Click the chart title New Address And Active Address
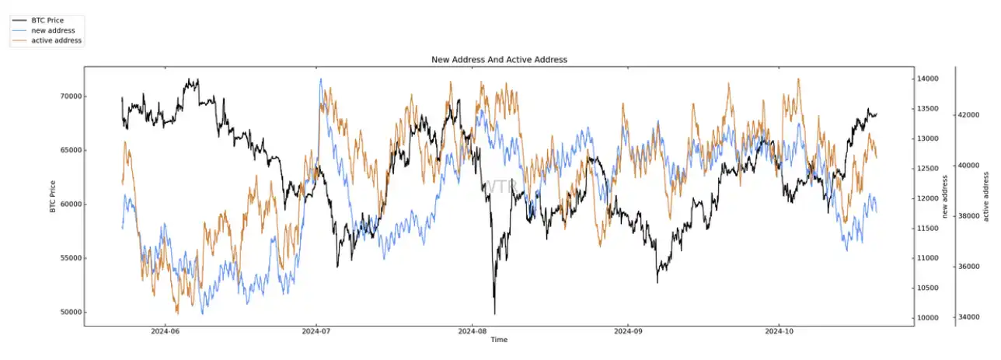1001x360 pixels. [499, 60]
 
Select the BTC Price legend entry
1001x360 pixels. [49, 20]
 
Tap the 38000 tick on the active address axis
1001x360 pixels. [971, 216]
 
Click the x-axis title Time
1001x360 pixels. [499, 340]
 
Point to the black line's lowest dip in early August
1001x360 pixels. [494, 313]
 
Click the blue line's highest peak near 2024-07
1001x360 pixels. [320, 79]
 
